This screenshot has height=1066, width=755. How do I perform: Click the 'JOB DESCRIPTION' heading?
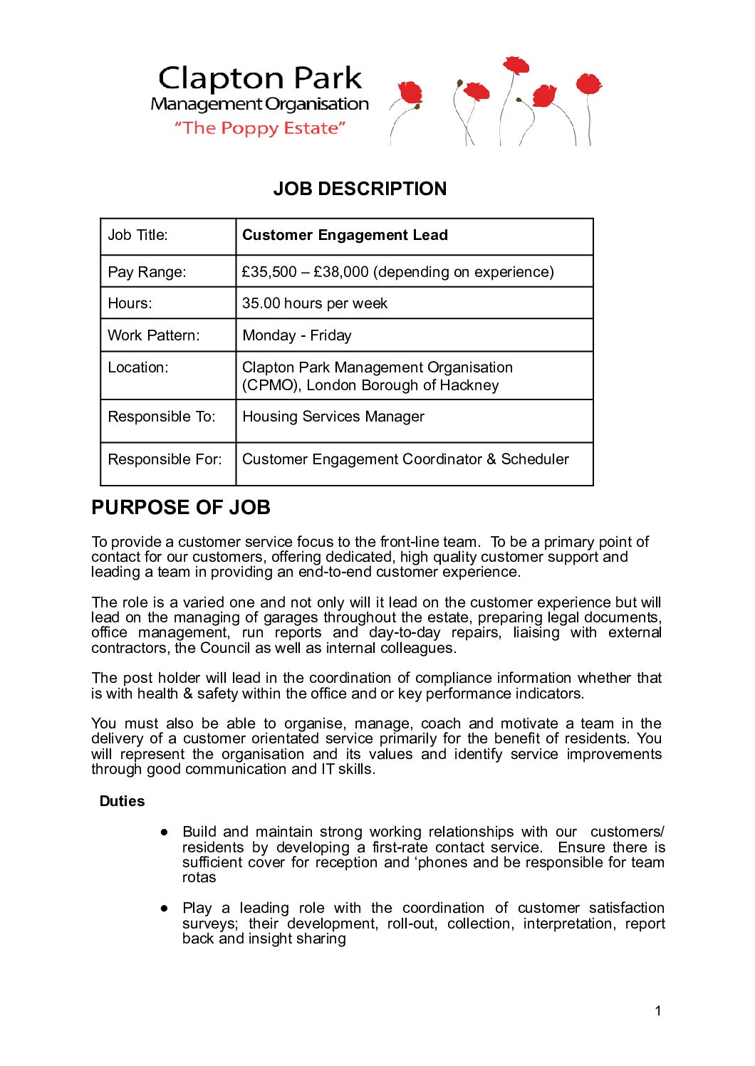click(360, 189)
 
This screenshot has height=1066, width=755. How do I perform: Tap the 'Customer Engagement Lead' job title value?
click(345, 235)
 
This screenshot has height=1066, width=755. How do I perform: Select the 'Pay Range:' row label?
click(147, 272)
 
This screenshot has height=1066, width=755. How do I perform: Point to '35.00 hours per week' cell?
click(315, 303)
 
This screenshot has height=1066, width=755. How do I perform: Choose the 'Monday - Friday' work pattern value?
click(297, 335)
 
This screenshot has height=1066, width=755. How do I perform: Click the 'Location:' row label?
click(138, 367)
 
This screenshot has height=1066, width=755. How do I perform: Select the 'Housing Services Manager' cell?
click(333, 417)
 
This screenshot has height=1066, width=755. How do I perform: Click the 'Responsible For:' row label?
click(165, 459)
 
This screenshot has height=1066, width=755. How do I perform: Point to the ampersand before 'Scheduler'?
click(491, 459)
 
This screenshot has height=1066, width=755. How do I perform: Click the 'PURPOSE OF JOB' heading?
click(181, 508)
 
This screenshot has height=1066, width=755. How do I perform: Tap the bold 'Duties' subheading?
click(122, 801)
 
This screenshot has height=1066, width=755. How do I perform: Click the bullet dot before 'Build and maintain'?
click(165, 832)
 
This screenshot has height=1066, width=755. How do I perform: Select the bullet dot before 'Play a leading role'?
click(165, 908)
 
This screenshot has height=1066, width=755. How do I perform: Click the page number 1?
click(658, 1010)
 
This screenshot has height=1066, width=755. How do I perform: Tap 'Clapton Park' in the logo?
click(260, 78)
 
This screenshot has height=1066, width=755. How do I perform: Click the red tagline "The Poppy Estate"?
click(260, 128)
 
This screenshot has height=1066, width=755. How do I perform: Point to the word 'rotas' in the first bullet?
click(199, 877)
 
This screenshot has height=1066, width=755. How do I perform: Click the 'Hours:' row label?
click(130, 303)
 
